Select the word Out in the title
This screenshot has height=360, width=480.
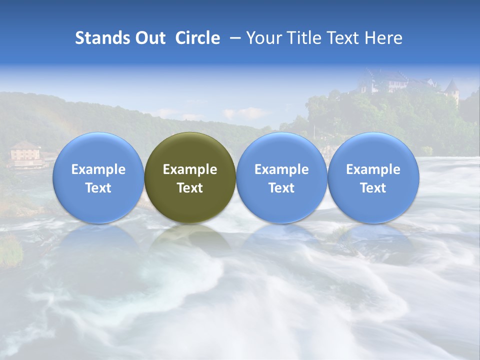(x=149, y=38)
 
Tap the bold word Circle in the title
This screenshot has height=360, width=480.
(x=197, y=38)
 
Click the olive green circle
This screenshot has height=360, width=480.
(x=190, y=177)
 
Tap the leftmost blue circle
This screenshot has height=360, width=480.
(x=98, y=177)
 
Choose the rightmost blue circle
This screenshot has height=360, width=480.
(x=373, y=177)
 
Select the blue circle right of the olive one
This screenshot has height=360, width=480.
(x=281, y=177)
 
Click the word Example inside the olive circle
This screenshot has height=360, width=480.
(x=190, y=169)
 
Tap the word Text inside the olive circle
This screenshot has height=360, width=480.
(x=190, y=188)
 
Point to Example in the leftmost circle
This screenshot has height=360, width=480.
(x=98, y=169)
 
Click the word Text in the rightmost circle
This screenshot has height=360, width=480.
(x=373, y=188)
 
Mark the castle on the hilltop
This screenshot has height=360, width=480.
(x=385, y=81)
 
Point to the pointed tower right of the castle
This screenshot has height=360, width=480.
(x=452, y=90)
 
